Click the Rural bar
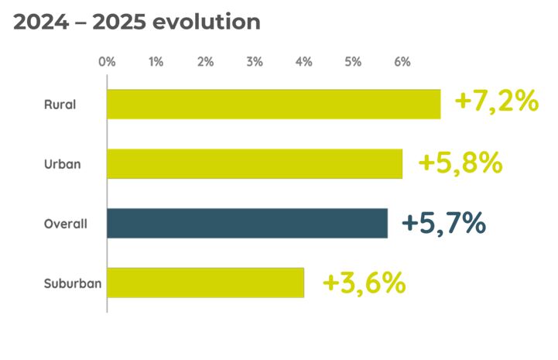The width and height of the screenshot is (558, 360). coord(273,105)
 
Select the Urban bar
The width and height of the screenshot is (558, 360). coord(255,163)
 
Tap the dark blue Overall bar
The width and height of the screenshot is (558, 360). coord(247,223)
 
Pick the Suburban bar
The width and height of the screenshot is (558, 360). coord(205,283)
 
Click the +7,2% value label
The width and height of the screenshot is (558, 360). coord(496,101)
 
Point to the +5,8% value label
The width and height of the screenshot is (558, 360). coord(460,163)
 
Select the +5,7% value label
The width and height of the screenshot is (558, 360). coord(443,223)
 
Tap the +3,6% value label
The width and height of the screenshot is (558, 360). coord(364,283)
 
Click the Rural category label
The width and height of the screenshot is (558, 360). coord(60,105)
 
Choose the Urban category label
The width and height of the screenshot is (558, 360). coord(62,164)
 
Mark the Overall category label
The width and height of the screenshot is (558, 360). coord(65,224)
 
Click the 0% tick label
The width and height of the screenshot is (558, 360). coord(107,62)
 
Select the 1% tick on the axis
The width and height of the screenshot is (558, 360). coord(156,62)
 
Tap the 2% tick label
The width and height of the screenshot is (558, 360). coord(205,62)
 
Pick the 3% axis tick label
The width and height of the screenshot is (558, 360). coord(255,62)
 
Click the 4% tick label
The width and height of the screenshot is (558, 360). coord(303,62)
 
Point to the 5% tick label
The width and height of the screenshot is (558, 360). coord(353,62)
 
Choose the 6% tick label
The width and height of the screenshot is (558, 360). coord(402,62)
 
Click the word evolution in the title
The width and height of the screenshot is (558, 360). coord(207,22)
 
